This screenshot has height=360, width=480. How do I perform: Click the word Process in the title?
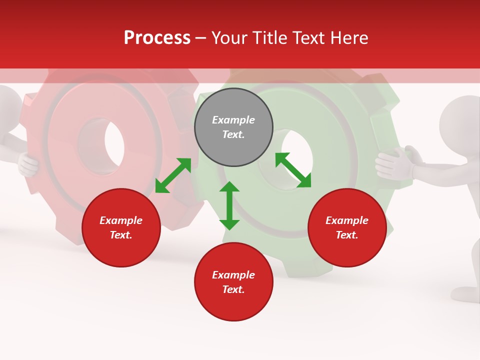tap(157, 38)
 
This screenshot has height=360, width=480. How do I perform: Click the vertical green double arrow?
tap(229, 205)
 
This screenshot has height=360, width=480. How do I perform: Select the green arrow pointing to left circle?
tap(173, 175)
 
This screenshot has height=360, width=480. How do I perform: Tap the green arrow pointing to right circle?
tap(293, 170)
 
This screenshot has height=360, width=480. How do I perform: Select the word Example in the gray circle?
tap(233, 120)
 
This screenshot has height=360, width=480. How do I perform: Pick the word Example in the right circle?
tap(347, 220)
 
